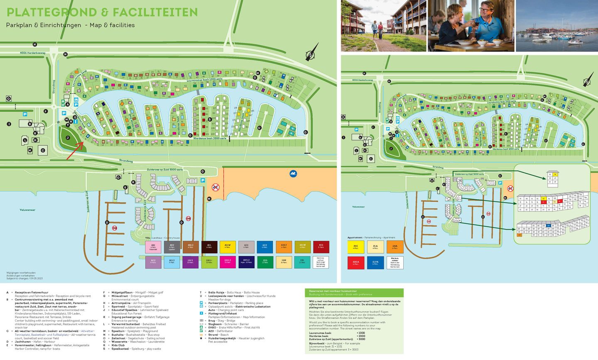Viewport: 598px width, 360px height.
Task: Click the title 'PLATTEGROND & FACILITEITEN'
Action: [x=102, y=12]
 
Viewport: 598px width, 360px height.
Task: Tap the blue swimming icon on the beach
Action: [x=293, y=174]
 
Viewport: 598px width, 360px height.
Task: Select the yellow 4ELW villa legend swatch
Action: [x=228, y=247]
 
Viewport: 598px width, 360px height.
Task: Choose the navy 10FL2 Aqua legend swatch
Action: [x=246, y=262]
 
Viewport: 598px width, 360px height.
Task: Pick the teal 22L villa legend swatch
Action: [x=302, y=262]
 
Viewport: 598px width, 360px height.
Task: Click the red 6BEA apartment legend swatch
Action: [x=355, y=262]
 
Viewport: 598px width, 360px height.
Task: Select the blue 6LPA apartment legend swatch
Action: [x=375, y=262]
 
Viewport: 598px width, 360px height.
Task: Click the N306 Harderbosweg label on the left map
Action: [x=33, y=53]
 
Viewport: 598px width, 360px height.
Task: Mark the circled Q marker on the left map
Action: [x=8, y=98]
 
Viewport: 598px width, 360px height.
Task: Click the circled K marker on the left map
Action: [x=133, y=182]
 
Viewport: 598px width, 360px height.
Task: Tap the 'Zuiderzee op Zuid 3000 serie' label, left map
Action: [x=165, y=170]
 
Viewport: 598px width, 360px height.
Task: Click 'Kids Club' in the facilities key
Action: [x=118, y=345]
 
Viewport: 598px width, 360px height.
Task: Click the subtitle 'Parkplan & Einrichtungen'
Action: [x=44, y=25]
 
